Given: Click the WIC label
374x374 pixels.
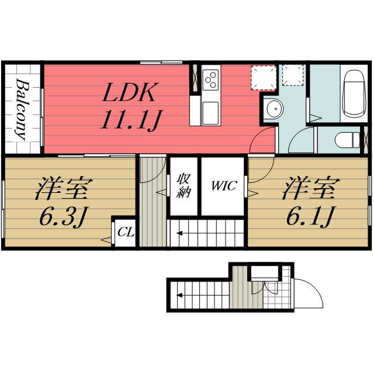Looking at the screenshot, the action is point(224,186).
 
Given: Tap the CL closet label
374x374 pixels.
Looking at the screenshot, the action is point(126,232).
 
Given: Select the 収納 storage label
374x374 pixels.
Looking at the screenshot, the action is point(183,186).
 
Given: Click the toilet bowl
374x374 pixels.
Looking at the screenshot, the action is point(347,140).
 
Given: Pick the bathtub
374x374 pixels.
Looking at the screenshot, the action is point(354,93).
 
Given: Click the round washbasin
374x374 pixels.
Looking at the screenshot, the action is point(275,109).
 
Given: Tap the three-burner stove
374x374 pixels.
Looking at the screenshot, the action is point(210,80).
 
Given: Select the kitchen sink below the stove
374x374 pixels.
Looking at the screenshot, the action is point(210,113).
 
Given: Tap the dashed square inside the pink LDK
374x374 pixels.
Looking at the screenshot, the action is point(264,78).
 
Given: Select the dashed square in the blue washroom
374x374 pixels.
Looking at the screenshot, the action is point(293,75).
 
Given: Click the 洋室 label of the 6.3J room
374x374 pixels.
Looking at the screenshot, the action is point(64,188).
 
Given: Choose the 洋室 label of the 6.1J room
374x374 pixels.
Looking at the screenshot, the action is point(311,188).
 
